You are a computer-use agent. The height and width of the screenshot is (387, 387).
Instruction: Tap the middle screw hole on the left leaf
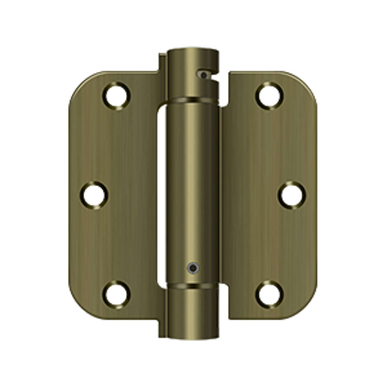pyautogui.click(x=94, y=195)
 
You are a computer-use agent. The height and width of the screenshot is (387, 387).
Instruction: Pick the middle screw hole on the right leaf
pyautogui.click(x=292, y=195)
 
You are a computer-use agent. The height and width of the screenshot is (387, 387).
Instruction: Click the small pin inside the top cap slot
pyautogui.click(x=204, y=75)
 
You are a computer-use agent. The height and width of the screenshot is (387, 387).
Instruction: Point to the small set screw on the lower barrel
pyautogui.click(x=193, y=268)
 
